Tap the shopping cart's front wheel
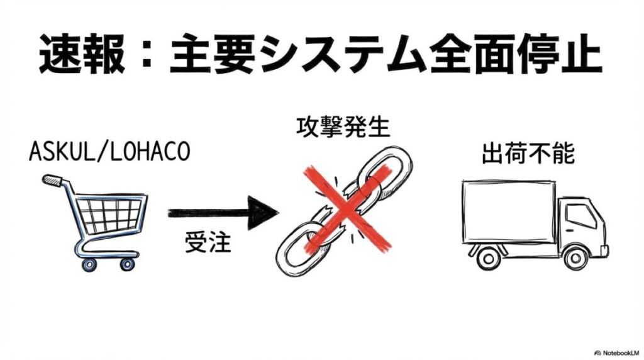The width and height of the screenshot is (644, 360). [x=128, y=262]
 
